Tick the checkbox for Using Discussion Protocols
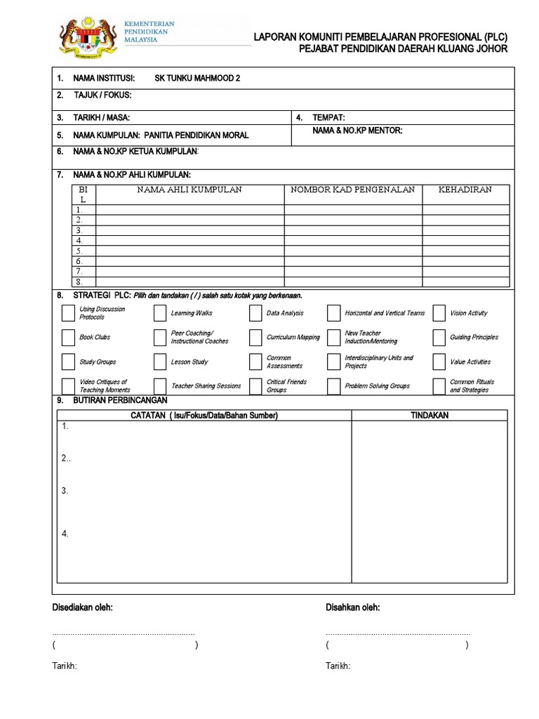point(67,313)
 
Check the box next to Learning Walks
point(160,313)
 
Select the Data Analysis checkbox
point(255,313)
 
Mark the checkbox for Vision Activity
point(439,313)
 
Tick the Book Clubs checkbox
point(67,338)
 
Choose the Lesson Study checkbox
point(160,362)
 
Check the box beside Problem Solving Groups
point(333,386)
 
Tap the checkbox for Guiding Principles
point(439,338)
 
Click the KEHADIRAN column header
point(465,190)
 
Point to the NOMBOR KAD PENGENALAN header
point(353,190)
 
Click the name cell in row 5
point(189,251)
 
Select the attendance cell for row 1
point(465,209)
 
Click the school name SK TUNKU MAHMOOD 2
point(197,78)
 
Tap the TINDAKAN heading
point(429,416)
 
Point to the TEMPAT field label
point(328,118)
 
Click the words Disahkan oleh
point(353,607)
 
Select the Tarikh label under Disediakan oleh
point(65,666)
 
